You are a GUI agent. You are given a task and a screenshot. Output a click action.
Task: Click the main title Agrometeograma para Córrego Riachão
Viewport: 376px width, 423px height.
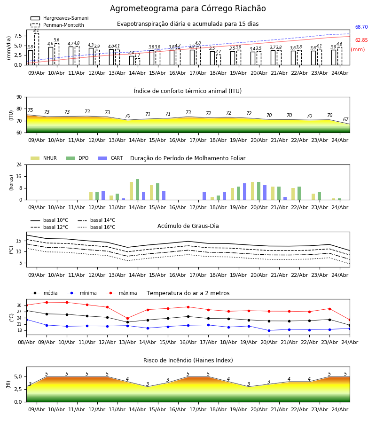188,8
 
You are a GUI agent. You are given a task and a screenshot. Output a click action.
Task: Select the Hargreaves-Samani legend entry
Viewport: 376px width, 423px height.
60,18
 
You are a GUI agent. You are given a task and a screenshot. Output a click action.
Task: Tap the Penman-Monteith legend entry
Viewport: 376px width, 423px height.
57,25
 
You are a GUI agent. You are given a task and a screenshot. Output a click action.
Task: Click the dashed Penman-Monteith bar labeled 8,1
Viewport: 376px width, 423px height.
36,49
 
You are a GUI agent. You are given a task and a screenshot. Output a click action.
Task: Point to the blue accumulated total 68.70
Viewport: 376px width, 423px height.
361,27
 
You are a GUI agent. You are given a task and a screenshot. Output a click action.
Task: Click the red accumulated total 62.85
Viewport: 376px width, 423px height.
361,40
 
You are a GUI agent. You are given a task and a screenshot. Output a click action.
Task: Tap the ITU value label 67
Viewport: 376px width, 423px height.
345,119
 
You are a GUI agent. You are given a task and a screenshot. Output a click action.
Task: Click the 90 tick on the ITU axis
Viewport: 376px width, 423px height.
19,97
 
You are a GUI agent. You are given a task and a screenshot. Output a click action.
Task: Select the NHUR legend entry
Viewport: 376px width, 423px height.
44,158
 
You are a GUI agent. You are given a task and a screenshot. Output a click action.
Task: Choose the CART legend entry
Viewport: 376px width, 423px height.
110,158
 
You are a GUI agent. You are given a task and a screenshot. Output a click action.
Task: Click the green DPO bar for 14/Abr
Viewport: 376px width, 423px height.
138,189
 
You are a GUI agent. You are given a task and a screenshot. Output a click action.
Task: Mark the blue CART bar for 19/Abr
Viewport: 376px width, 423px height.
245,192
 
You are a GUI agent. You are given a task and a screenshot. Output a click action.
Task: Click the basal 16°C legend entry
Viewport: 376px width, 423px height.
96,227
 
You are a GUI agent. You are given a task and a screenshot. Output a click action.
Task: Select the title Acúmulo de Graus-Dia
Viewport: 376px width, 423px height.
188,226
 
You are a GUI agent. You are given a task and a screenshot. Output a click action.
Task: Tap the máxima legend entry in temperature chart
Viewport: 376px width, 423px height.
121,293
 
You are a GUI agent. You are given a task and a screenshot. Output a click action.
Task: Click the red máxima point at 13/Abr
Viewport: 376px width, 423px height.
127,318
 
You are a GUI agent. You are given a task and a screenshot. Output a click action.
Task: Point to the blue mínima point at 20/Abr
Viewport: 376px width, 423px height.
269,330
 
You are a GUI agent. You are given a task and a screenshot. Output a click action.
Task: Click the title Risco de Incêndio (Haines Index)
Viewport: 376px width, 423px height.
188,360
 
